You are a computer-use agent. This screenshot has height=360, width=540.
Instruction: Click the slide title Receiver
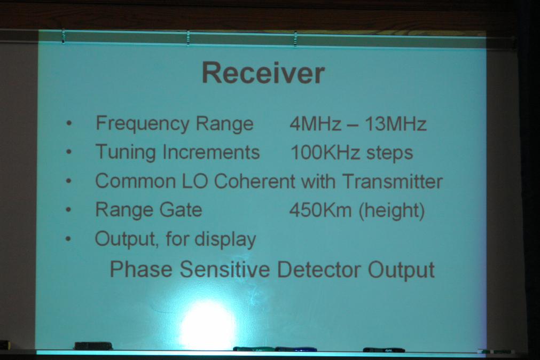tap(263, 73)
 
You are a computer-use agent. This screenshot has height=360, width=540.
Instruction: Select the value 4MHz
tap(316, 124)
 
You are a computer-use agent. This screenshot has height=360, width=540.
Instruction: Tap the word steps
tap(389, 154)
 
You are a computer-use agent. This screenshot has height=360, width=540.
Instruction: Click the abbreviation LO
tap(195, 181)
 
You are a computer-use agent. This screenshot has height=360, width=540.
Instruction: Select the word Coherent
tap(255, 181)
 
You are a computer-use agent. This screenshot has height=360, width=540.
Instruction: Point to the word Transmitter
tap(393, 182)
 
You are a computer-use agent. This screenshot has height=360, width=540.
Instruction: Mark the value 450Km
tap(320, 210)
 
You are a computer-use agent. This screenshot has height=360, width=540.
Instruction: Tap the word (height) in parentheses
tap(392, 211)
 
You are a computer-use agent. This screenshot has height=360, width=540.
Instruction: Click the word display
tap(225, 239)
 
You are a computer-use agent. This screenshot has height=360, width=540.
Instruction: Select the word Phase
tap(141, 269)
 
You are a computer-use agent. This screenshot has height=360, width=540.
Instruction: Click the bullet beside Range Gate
tap(68, 209)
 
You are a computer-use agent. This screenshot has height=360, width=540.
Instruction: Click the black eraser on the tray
tap(93, 346)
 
